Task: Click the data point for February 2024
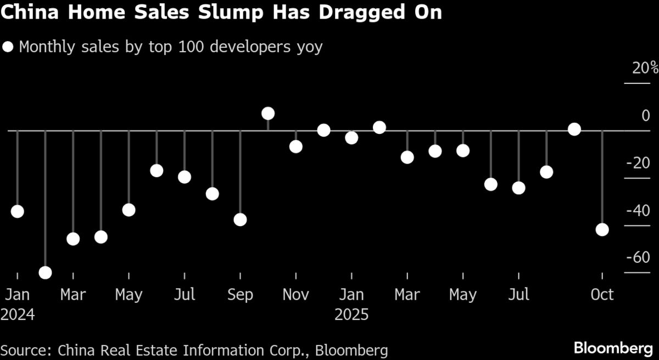click(45, 272)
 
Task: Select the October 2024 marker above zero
click(268, 114)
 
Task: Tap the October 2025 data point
click(602, 229)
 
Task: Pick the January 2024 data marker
click(17, 211)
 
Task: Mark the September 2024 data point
click(240, 220)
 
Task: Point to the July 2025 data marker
click(518, 188)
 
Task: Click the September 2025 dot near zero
click(574, 129)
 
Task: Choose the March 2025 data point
click(407, 157)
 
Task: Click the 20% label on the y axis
click(644, 69)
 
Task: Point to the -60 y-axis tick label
click(638, 257)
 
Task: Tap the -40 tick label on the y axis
click(638, 210)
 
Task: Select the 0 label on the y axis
click(646, 116)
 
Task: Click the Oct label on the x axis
click(602, 295)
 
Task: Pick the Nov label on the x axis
click(295, 295)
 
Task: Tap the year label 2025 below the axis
click(351, 315)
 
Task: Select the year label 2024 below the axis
click(18, 315)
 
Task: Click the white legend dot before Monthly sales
click(8, 47)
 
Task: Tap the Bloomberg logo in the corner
click(613, 348)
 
